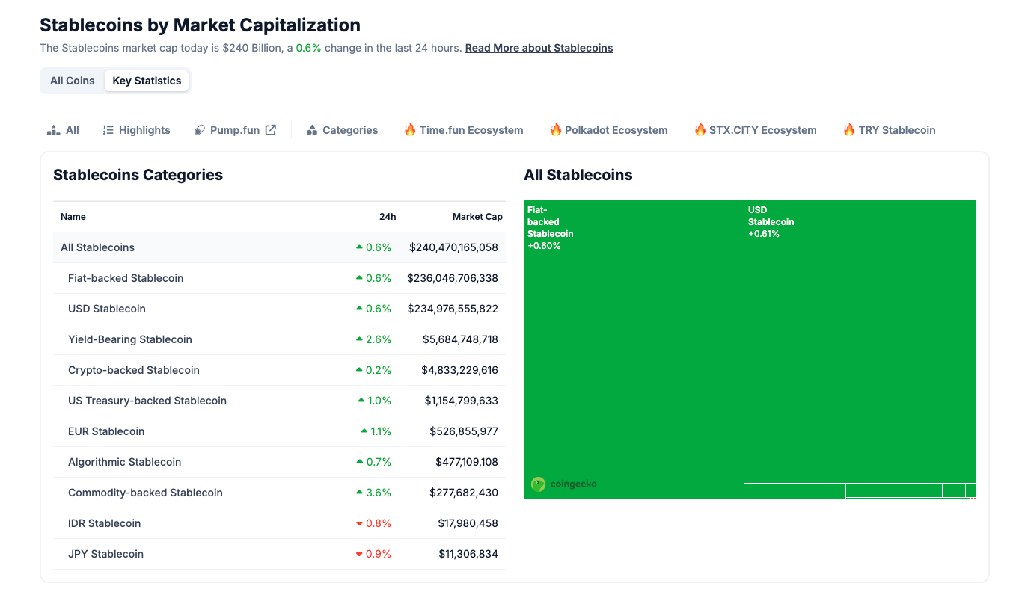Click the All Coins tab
pyautogui.click(x=73, y=81)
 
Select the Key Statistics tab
pyautogui.click(x=147, y=81)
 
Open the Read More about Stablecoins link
pyautogui.click(x=539, y=48)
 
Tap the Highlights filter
pyautogui.click(x=137, y=130)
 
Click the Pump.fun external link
pyautogui.click(x=235, y=130)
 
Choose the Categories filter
pyautogui.click(x=343, y=130)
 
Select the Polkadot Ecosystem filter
pyautogui.click(x=608, y=130)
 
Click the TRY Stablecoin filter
pyautogui.click(x=889, y=130)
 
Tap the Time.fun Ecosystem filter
pyautogui.click(x=463, y=130)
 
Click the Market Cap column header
pyautogui.click(x=477, y=217)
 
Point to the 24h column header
pyautogui.click(x=388, y=217)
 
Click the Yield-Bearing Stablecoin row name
pyautogui.click(x=130, y=339)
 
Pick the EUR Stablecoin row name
pyautogui.click(x=106, y=431)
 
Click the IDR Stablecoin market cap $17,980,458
pyautogui.click(x=468, y=523)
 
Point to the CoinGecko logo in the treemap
pyautogui.click(x=564, y=484)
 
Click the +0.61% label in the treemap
pyautogui.click(x=764, y=234)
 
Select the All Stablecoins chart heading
pyautogui.click(x=578, y=175)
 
